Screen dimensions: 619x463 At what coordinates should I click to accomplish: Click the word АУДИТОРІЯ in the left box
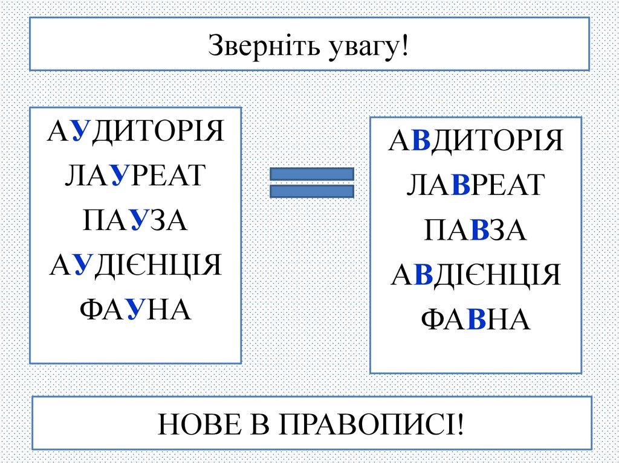coord(135,132)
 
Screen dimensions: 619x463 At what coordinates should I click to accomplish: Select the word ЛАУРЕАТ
coord(135,176)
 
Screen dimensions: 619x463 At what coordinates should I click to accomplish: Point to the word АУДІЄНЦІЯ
coord(135,265)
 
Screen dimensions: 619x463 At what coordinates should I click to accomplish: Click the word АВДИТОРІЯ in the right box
coord(476,141)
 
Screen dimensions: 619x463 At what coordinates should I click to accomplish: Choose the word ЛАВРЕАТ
coord(476,185)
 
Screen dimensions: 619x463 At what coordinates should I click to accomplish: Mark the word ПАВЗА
coord(476,230)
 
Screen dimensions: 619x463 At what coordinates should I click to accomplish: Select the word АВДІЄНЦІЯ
coord(476,275)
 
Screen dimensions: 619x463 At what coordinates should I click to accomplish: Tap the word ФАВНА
coord(476,319)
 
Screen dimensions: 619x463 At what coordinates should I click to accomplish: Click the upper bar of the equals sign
coord(311,174)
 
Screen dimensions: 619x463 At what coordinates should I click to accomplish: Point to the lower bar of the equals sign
coord(311,191)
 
